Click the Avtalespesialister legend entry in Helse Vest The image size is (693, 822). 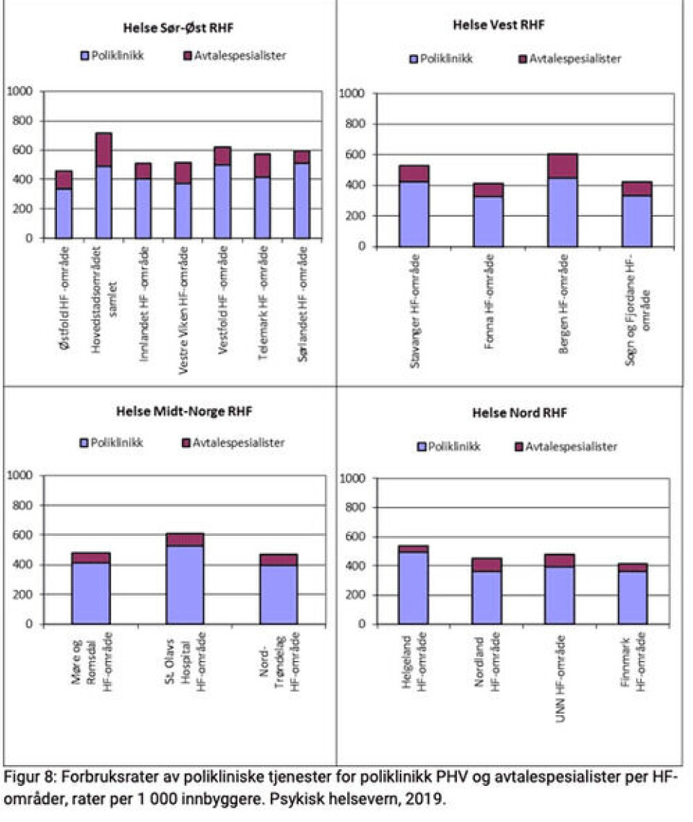pyautogui.click(x=570, y=59)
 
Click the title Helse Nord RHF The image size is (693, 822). pyautogui.click(x=519, y=413)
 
